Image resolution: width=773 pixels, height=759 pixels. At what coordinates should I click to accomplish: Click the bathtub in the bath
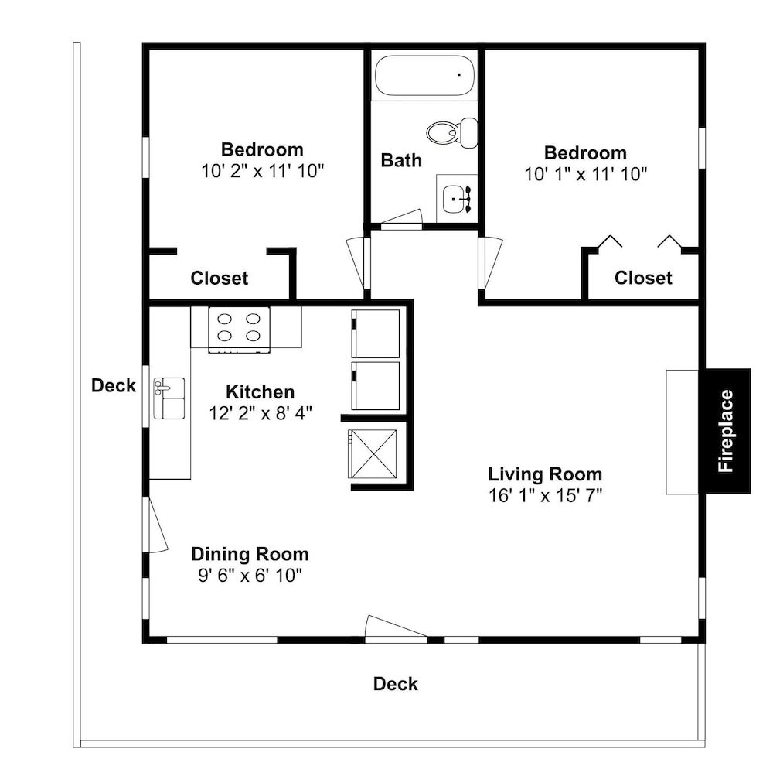pyautogui.click(x=424, y=76)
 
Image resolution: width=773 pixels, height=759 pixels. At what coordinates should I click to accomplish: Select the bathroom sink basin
pyautogui.click(x=454, y=199)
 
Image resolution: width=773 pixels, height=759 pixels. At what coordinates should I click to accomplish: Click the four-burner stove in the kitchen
pyautogui.click(x=239, y=329)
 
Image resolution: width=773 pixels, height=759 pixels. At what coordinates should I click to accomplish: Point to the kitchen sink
pyautogui.click(x=169, y=398)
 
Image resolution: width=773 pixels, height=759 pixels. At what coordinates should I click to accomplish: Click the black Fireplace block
pyautogui.click(x=727, y=431)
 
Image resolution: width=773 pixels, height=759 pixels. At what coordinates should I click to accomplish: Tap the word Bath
pyautogui.click(x=401, y=160)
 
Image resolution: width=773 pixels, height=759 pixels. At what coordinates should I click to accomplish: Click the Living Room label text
pyautogui.click(x=545, y=474)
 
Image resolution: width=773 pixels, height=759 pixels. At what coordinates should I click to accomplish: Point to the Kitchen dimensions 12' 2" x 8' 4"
pyautogui.click(x=261, y=413)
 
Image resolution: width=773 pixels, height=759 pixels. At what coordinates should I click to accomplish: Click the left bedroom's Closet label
pyautogui.click(x=220, y=279)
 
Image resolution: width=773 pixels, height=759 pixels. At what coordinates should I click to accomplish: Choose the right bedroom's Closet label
pyautogui.click(x=643, y=278)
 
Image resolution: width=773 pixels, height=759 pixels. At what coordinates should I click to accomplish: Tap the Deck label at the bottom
pyautogui.click(x=395, y=684)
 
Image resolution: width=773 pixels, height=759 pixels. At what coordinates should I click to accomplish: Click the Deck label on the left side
pyautogui.click(x=114, y=385)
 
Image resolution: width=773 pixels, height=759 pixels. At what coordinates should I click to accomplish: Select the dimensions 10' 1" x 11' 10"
pyautogui.click(x=585, y=174)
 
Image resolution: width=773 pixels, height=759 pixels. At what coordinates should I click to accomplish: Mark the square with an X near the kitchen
pyautogui.click(x=373, y=454)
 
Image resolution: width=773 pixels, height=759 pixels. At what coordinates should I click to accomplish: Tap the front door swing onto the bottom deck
pyautogui.click(x=395, y=628)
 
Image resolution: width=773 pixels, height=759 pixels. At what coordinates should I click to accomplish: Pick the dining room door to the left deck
pyautogui.click(x=157, y=525)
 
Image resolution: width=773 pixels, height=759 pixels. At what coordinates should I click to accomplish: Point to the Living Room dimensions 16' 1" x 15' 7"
pyautogui.click(x=545, y=495)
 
